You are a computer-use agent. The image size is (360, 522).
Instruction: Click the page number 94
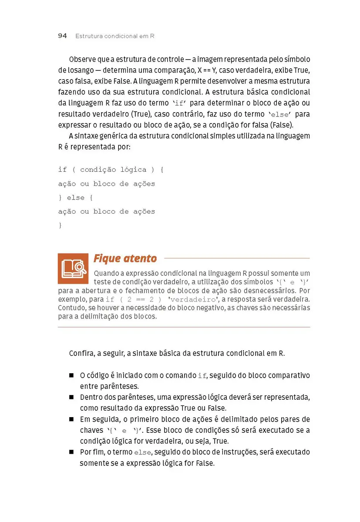[x=62, y=36]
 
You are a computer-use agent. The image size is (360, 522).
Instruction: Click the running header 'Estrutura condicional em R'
[x=115, y=36]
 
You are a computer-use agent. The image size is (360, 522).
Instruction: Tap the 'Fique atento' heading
[x=125, y=258]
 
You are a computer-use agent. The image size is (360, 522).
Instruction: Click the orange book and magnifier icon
[x=73, y=268]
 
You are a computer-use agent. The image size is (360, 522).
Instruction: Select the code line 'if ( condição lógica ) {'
[x=111, y=170]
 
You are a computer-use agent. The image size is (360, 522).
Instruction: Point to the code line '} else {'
[x=76, y=197]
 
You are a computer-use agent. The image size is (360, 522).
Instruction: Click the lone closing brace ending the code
[x=60, y=225]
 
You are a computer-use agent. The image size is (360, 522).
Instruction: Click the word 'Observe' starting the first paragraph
[x=82, y=59]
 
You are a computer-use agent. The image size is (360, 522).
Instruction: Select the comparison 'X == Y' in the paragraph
[x=209, y=70]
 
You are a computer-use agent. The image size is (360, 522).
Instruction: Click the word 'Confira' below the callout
[x=81, y=353]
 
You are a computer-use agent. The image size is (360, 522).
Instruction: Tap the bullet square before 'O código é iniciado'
[x=71, y=375]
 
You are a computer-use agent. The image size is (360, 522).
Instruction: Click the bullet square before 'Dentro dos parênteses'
[x=71, y=397]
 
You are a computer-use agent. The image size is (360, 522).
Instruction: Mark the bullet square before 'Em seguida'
[x=71, y=419]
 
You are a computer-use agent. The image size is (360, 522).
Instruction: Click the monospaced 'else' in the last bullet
[x=142, y=452]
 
